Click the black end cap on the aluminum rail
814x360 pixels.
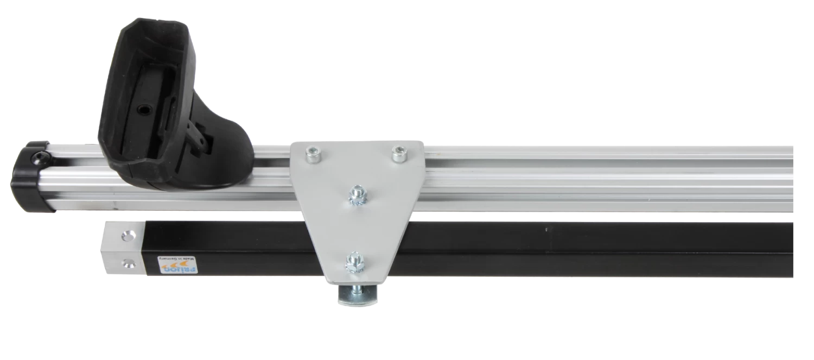click(30, 176)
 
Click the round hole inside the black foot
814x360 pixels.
click(143, 110)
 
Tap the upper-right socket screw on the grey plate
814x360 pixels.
click(399, 154)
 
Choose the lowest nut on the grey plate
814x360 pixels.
click(354, 262)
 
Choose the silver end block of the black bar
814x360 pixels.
click(123, 249)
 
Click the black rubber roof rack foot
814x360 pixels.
click(163, 114)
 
